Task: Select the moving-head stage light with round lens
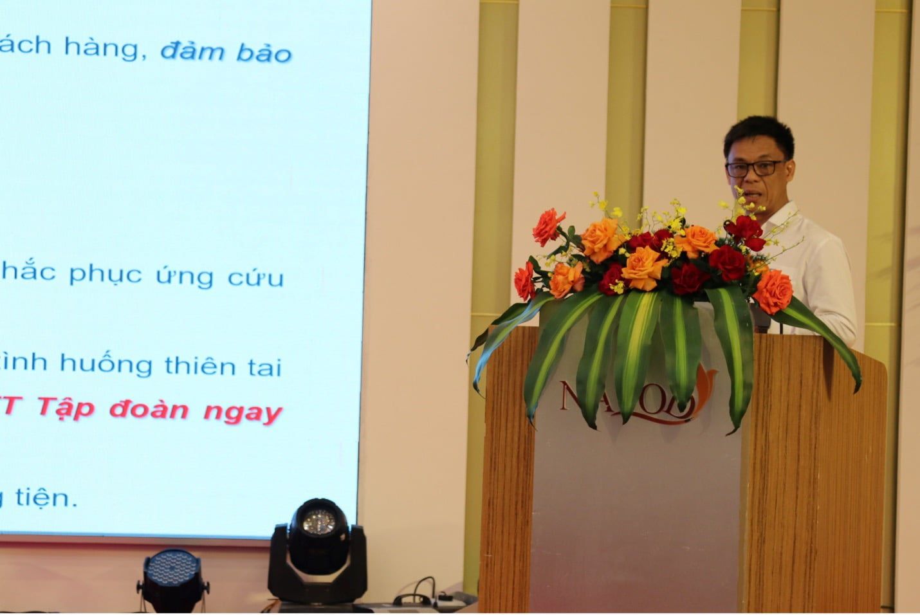click(318, 551)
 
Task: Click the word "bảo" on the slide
click(264, 53)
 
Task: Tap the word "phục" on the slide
click(106, 274)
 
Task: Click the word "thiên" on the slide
click(200, 365)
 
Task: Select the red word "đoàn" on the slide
click(148, 410)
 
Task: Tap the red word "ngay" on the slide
click(243, 412)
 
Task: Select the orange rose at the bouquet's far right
click(773, 291)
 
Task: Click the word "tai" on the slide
click(264, 367)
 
